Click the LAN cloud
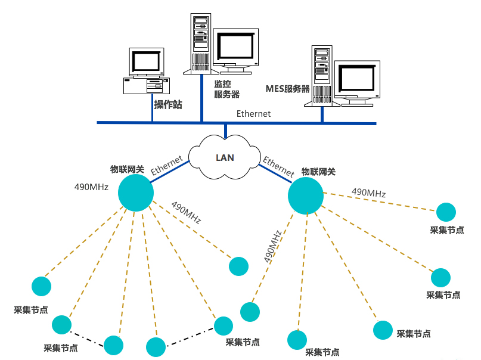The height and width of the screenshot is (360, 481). click(224, 158)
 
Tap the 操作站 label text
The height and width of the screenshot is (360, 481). click(168, 105)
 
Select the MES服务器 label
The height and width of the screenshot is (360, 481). click(287, 89)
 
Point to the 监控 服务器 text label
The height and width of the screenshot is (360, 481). click(226, 89)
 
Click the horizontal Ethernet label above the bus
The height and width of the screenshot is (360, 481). click(253, 113)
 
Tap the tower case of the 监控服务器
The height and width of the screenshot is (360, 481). click(201, 42)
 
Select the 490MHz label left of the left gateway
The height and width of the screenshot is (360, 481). click(91, 187)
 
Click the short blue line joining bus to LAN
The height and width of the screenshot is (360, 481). click(225, 131)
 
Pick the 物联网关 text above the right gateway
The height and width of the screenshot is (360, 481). click(318, 172)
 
